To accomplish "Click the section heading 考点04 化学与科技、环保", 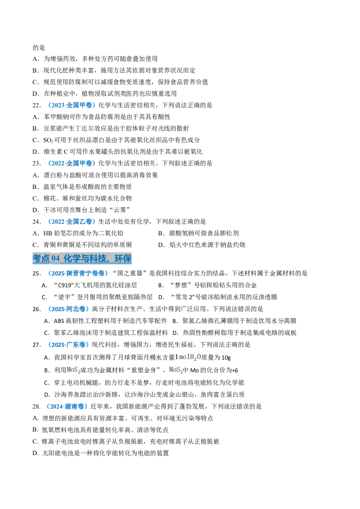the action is click(x=82, y=259).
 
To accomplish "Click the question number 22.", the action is click(x=36, y=105).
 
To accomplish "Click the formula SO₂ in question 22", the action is click(x=48, y=140).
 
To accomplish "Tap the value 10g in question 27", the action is click(x=226, y=358).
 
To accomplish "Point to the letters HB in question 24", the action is click(x=47, y=233).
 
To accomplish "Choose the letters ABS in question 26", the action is click(x=59, y=321).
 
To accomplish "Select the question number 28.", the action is click(x=36, y=406).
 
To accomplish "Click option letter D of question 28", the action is click(x=35, y=453).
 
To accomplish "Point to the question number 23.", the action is click(x=36, y=163).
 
